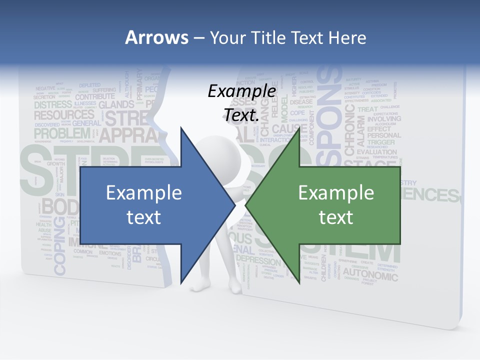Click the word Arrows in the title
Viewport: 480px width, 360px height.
[x=157, y=37]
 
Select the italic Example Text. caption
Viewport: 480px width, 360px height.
[x=241, y=103]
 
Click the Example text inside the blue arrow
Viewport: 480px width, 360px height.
[x=143, y=204]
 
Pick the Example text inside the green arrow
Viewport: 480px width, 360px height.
[x=336, y=204]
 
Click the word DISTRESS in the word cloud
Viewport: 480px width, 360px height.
[x=53, y=105]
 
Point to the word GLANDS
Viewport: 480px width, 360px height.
[x=116, y=105]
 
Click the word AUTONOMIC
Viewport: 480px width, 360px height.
[x=370, y=275]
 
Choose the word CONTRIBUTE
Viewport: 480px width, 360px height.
[x=95, y=96]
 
